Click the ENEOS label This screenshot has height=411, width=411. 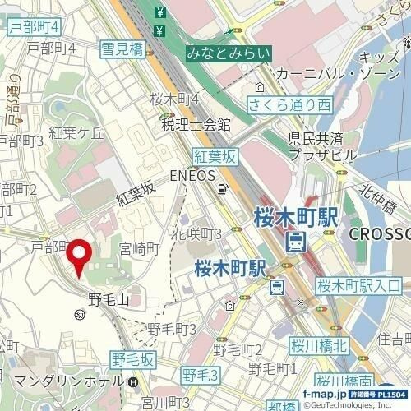pos(192,175)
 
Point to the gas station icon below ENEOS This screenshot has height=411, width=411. pos(222,190)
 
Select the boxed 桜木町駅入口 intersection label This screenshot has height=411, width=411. pos(358,286)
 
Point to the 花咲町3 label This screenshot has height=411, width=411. pos(197,234)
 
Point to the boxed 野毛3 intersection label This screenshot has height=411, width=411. pos(201,376)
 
